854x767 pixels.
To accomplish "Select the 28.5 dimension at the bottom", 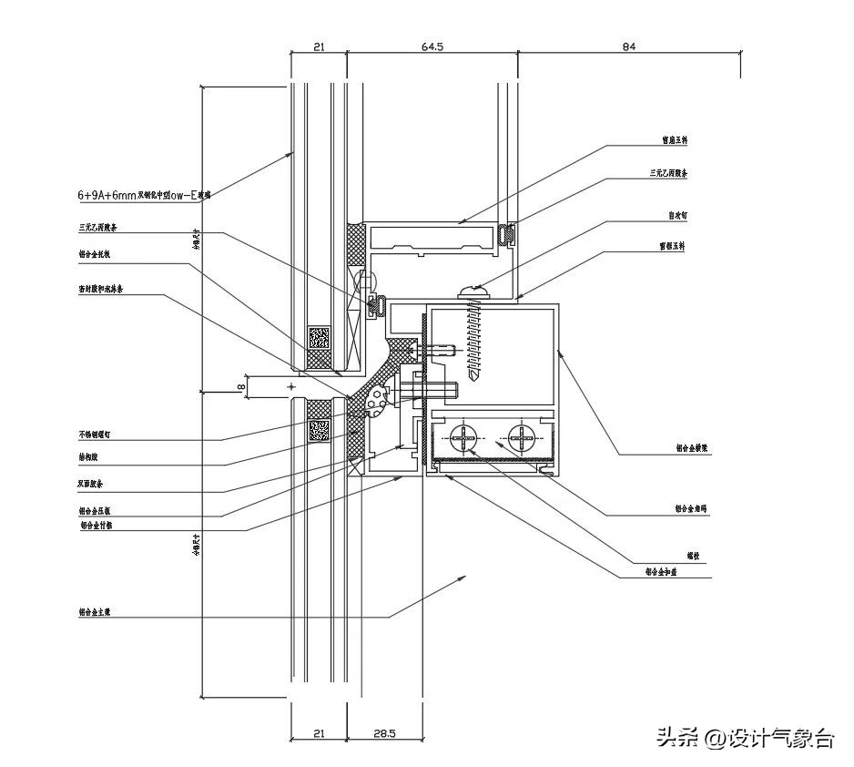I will [385, 733].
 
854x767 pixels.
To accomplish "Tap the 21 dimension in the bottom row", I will [318, 733].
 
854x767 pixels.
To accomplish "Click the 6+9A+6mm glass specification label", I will [144, 195].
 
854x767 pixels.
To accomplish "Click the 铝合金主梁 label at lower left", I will [97, 613].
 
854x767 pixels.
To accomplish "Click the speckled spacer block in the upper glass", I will [319, 338].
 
